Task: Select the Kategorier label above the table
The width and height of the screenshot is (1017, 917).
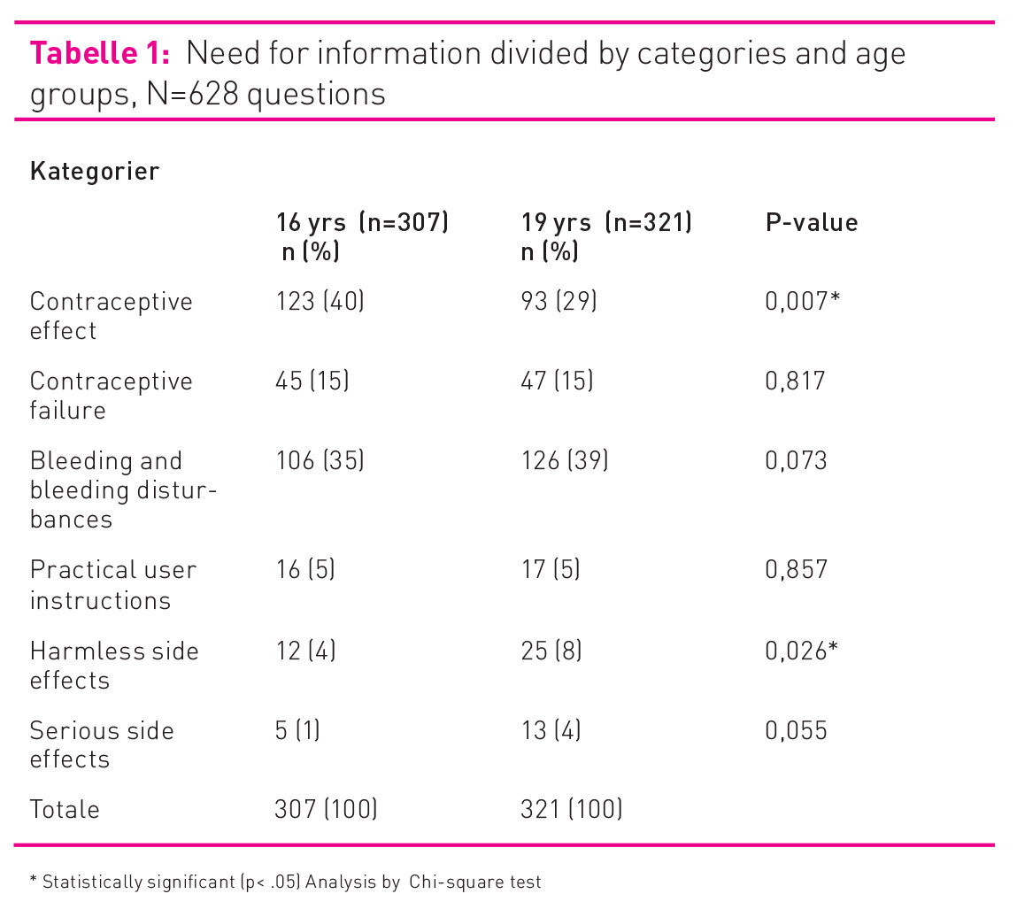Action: (x=95, y=171)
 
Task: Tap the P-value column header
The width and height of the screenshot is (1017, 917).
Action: (x=811, y=222)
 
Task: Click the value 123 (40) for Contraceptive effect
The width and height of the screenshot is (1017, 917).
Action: (x=320, y=301)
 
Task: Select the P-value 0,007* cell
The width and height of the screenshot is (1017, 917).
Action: (x=802, y=301)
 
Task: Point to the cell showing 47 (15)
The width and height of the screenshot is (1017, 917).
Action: (x=558, y=381)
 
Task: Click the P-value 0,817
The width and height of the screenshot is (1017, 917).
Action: (x=795, y=381)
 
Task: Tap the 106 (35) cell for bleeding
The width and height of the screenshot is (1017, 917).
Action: (x=320, y=460)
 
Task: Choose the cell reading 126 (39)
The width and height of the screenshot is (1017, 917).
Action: (x=565, y=460)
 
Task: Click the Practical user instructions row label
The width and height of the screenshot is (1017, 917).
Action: (x=112, y=584)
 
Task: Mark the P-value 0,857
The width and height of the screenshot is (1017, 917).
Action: (x=796, y=569)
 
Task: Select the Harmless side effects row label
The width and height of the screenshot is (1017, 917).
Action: (x=113, y=665)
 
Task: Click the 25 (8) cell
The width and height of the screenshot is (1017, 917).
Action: (x=551, y=651)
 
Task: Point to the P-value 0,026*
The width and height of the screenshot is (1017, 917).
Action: (x=802, y=651)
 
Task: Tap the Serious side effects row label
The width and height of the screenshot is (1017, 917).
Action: (x=101, y=744)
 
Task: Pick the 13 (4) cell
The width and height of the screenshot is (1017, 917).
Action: (x=551, y=730)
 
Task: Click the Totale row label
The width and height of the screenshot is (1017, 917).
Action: (x=65, y=809)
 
